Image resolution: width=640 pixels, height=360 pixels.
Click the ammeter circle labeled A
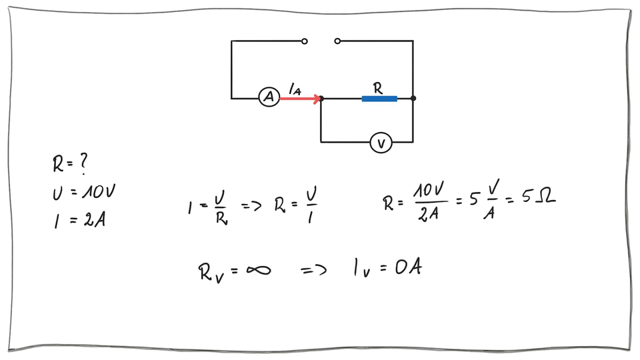coord(269,98)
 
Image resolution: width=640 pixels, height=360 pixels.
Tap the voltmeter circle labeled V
coord(381,142)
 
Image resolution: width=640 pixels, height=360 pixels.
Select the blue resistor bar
coord(379,99)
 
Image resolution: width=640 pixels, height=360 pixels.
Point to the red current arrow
coord(300,99)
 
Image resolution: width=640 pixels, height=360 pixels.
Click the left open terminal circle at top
coord(305,41)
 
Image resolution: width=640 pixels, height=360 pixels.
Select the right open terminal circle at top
coord(337,41)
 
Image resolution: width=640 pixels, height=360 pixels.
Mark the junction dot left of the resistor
coord(321,99)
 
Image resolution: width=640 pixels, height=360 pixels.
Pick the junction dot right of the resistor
coord(413,99)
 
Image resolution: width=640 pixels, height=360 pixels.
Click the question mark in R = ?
coord(83,162)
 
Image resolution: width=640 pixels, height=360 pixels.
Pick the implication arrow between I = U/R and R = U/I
coord(251,206)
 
